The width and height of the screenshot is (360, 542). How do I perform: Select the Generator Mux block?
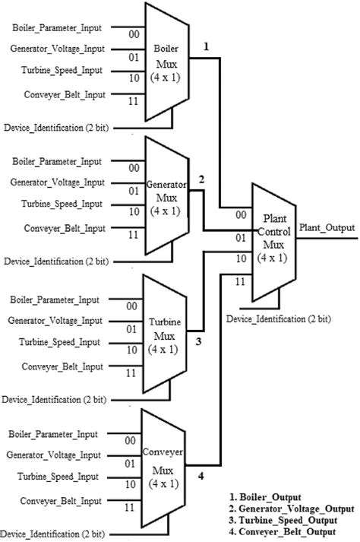[x=164, y=193]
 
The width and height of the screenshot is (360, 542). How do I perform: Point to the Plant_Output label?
[x=326, y=227]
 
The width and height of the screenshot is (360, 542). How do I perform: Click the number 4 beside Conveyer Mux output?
[x=201, y=477]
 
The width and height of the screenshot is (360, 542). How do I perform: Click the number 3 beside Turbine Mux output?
[x=197, y=341]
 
